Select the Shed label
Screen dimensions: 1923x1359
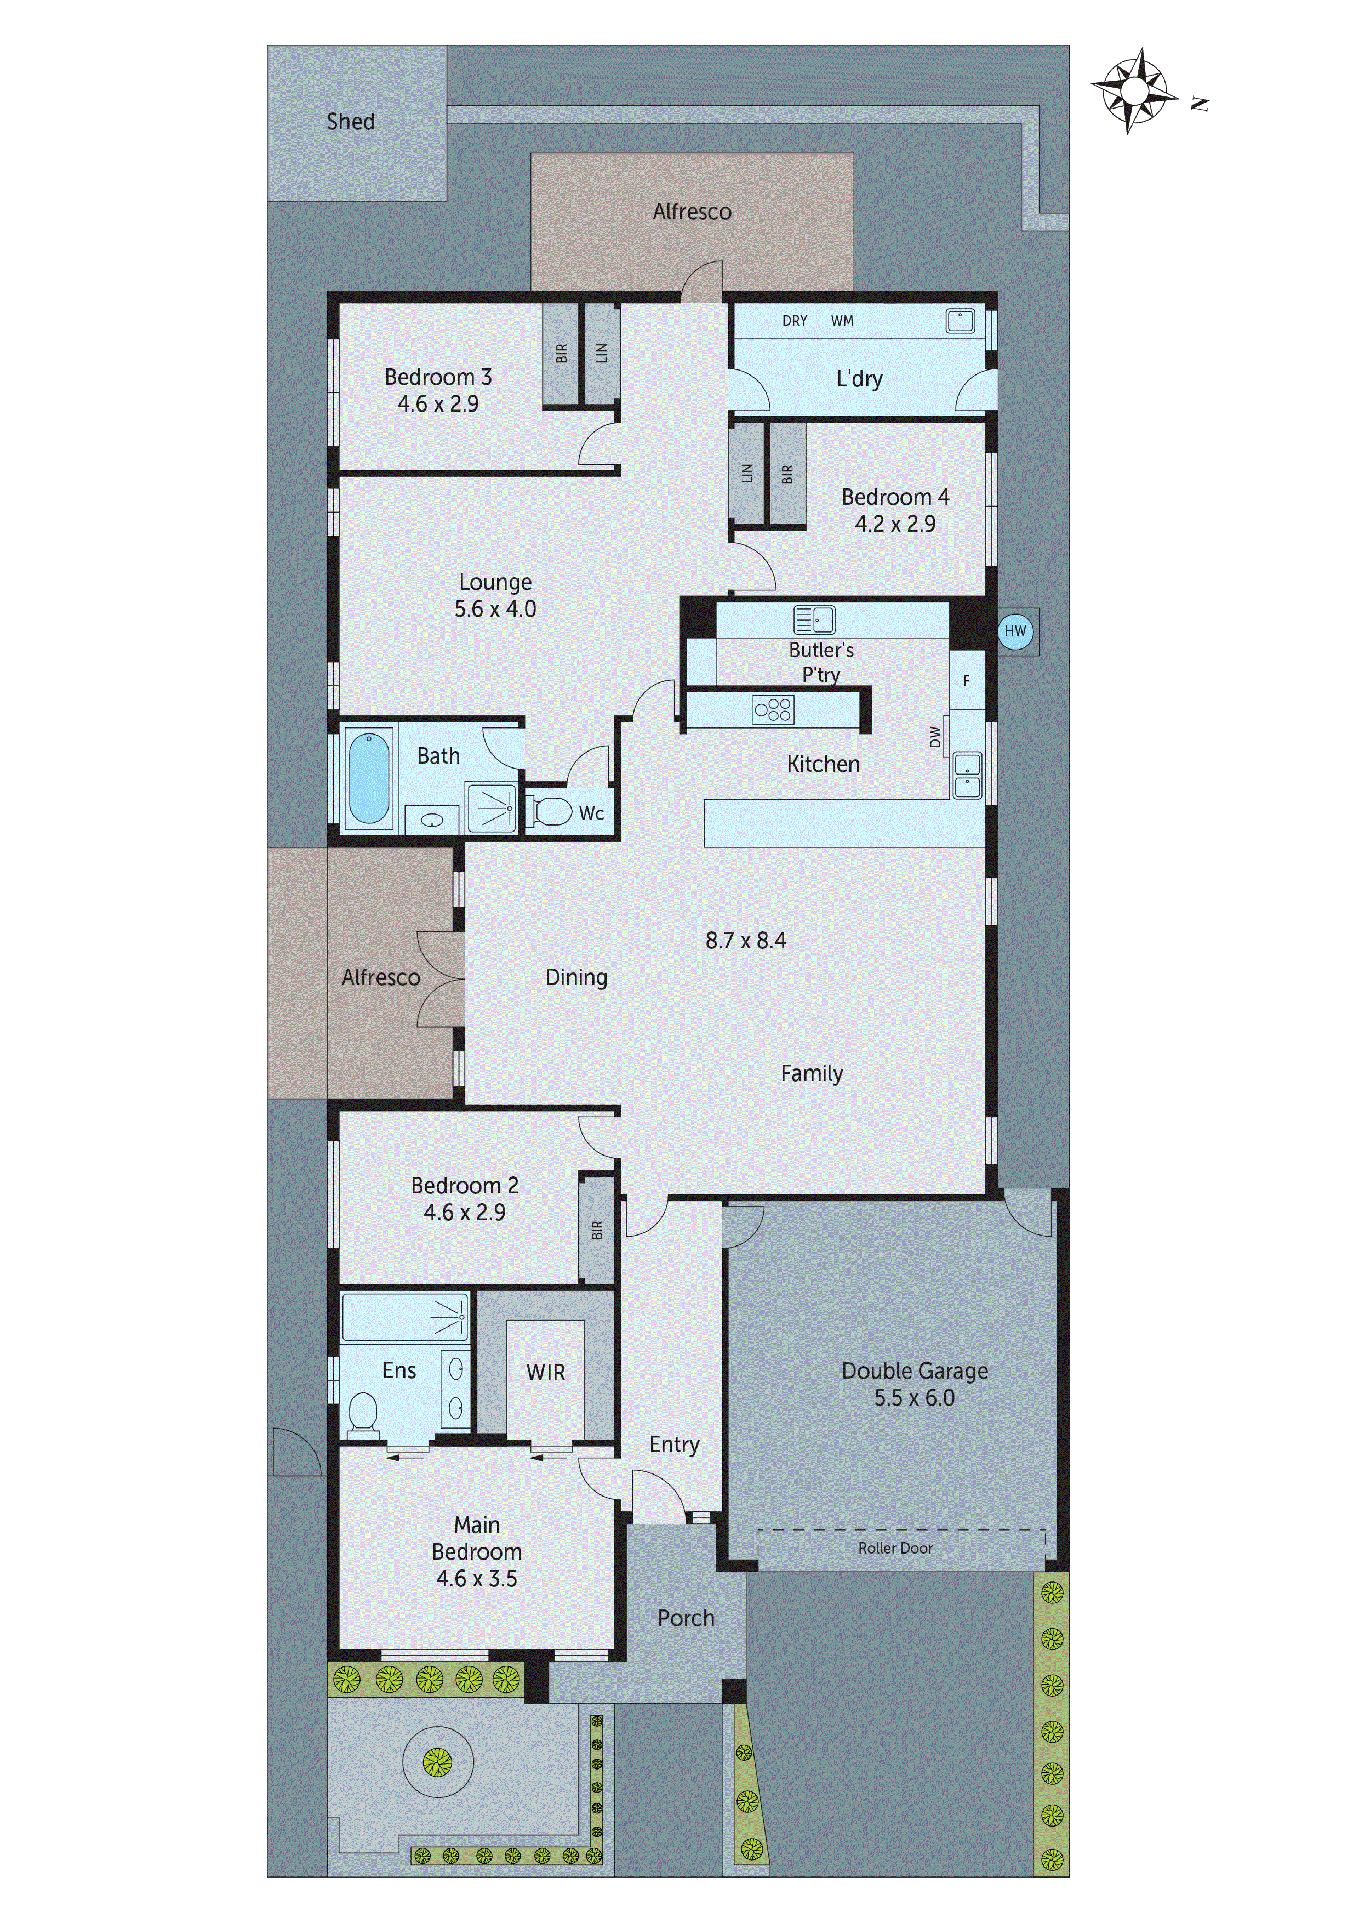350,122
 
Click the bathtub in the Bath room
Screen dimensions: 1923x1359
368,778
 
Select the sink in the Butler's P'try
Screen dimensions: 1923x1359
813,620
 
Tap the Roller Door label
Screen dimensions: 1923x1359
894,1549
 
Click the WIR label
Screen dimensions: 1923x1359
545,1372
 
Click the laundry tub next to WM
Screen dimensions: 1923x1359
959,320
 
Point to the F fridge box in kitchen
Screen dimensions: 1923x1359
966,681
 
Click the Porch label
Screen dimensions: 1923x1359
686,1618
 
